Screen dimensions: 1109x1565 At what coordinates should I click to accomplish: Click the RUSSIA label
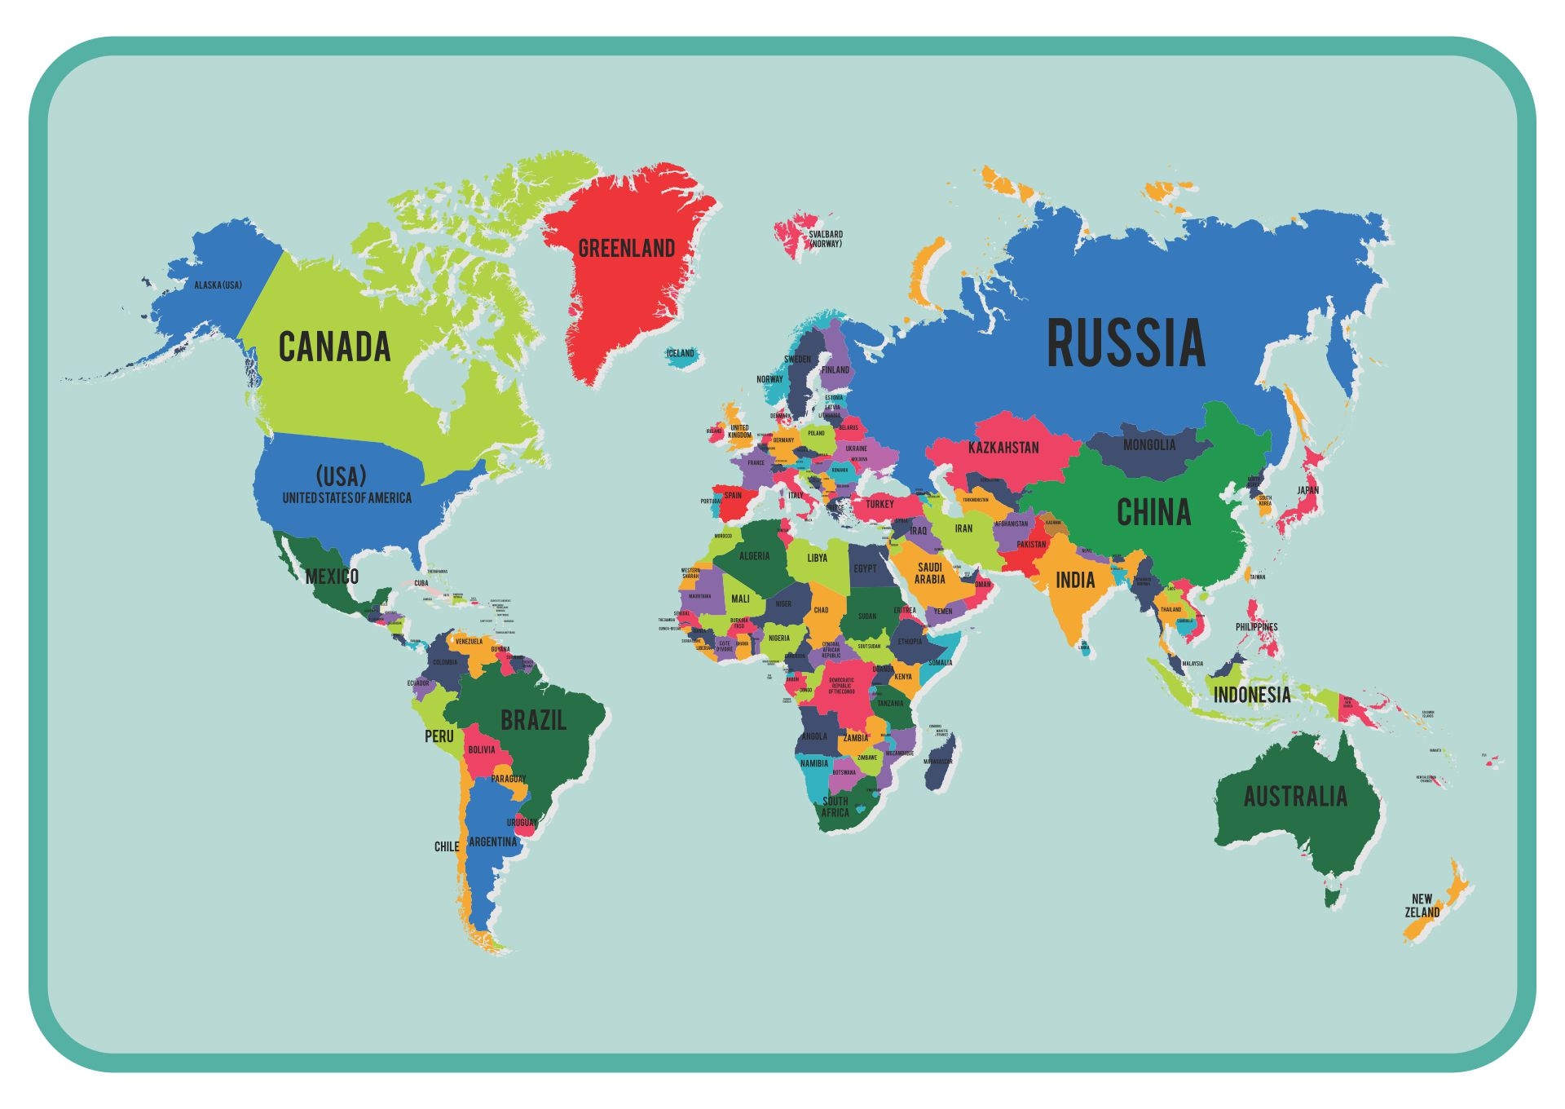pos(1126,343)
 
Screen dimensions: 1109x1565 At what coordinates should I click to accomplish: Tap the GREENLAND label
pos(626,249)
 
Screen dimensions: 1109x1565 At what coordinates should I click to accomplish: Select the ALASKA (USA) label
pos(218,285)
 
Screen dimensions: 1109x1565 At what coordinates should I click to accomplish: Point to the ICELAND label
pos(681,353)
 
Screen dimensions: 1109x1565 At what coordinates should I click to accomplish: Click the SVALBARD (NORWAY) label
pos(826,239)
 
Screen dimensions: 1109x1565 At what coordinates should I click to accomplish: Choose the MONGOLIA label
pos(1148,445)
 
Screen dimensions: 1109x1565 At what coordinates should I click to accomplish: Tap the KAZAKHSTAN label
pos(1003,448)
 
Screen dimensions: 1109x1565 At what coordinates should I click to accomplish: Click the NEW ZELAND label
pos(1422,906)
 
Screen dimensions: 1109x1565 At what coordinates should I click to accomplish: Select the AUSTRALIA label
pos(1295,797)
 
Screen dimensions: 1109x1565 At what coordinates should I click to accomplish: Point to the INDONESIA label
pos(1252,696)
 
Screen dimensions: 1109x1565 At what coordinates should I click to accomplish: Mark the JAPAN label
pos(1307,490)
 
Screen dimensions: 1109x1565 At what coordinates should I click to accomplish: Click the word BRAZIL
pos(533,721)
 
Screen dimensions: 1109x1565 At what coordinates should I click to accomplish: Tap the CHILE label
pos(447,846)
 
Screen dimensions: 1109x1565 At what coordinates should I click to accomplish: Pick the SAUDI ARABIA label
pos(929,573)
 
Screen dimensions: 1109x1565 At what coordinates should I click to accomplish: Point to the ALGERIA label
pos(754,556)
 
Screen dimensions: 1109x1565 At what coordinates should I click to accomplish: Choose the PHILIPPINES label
pos(1256,627)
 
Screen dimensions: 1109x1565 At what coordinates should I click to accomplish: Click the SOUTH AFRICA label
pos(835,806)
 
